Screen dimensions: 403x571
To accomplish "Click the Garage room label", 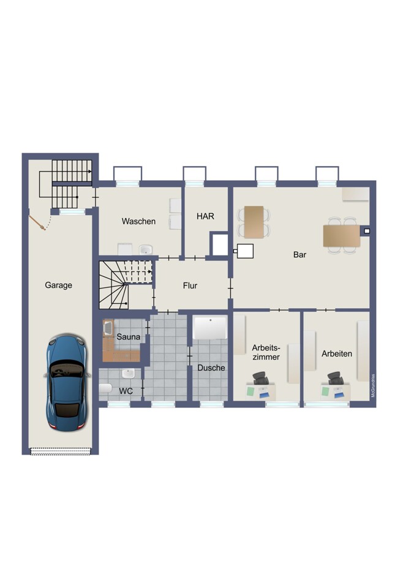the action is [x=58, y=285].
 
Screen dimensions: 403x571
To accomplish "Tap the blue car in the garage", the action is [x=67, y=383].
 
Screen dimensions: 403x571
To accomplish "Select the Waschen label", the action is [x=138, y=221].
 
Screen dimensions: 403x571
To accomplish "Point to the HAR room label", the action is [x=205, y=216].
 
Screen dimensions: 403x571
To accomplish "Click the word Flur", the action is [x=190, y=286].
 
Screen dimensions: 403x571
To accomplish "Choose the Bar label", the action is [x=299, y=255].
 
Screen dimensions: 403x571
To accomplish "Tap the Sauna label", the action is [x=128, y=337].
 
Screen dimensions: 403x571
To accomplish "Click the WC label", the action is [x=126, y=391].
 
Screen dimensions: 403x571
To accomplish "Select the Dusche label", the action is [x=211, y=368].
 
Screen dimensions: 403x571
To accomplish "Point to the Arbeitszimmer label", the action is [x=266, y=352].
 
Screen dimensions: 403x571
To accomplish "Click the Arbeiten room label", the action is [x=337, y=354].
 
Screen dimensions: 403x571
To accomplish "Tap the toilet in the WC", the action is [x=105, y=388].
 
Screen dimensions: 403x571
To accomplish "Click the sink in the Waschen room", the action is [x=146, y=250].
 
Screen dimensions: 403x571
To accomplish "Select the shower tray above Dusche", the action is [x=210, y=327].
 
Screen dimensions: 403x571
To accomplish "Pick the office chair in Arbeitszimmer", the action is [x=261, y=379].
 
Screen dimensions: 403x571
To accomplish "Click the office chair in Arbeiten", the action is [x=335, y=379].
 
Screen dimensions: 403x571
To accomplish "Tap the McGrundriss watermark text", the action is [x=373, y=386].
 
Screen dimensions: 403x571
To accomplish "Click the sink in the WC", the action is [x=128, y=374].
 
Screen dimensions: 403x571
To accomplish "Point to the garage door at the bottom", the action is [x=60, y=452].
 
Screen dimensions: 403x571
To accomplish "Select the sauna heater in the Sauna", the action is [x=108, y=328].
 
